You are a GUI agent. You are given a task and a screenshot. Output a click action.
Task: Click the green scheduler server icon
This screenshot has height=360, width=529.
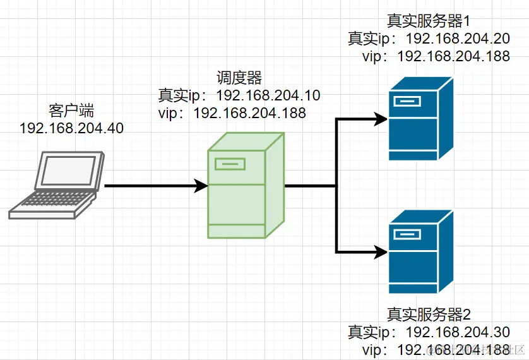coord(246,186)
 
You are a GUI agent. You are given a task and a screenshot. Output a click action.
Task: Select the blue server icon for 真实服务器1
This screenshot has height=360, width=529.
coord(420,119)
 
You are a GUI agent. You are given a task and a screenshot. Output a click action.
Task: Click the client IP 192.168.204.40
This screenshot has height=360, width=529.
coord(71,128)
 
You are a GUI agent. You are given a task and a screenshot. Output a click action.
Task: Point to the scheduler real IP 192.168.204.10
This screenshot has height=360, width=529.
coord(268,95)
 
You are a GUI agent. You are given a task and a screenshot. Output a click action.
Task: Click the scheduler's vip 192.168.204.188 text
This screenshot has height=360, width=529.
coord(249,113)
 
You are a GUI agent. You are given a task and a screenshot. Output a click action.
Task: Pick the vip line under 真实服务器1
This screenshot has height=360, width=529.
coord(436,56)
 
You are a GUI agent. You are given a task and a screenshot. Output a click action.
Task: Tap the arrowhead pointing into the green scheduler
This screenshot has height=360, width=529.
coord(201,186)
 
